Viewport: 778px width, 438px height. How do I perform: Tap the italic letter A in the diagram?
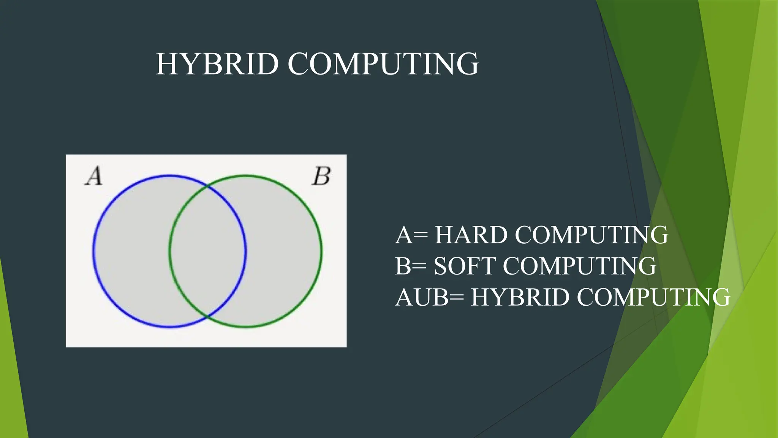(x=94, y=176)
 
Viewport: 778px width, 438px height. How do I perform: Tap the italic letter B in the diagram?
(x=321, y=176)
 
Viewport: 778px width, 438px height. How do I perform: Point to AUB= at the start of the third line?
(x=429, y=297)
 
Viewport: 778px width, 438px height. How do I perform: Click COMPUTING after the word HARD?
(x=591, y=235)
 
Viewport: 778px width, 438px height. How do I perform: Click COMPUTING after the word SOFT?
(x=580, y=266)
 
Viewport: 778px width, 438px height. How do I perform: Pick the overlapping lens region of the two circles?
(x=207, y=251)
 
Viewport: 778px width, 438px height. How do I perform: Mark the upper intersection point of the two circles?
(x=207, y=186)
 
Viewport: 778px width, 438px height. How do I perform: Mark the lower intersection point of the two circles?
(x=207, y=316)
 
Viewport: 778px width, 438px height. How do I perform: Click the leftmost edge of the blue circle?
(x=94, y=251)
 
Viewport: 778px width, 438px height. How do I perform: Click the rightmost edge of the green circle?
(x=321, y=251)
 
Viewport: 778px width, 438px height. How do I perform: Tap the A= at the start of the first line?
(x=411, y=235)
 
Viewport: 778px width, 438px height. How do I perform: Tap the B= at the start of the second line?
(x=411, y=266)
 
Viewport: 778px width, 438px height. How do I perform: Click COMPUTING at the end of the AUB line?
(x=653, y=297)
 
